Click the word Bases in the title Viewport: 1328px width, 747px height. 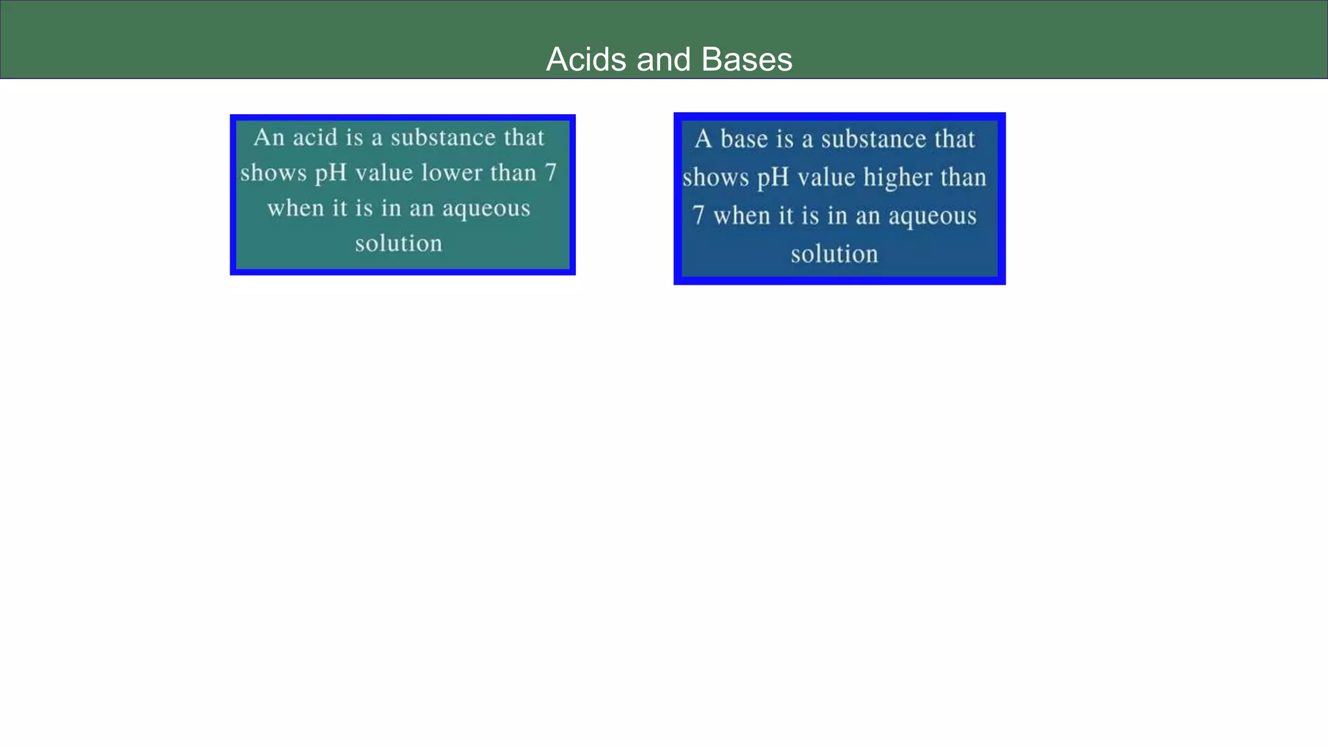click(x=746, y=60)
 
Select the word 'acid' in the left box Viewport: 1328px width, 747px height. click(x=315, y=137)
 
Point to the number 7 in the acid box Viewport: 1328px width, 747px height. click(x=550, y=173)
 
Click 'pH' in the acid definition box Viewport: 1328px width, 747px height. click(x=331, y=173)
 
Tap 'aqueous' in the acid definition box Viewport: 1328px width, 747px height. click(x=486, y=209)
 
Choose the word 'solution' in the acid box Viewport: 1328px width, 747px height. click(x=398, y=244)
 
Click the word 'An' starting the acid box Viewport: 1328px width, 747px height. click(x=268, y=137)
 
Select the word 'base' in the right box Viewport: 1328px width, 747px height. click(x=744, y=139)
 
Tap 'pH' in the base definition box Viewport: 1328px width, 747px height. click(x=773, y=178)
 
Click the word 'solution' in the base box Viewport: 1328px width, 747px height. click(x=834, y=254)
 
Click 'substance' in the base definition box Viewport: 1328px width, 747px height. click(x=873, y=139)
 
